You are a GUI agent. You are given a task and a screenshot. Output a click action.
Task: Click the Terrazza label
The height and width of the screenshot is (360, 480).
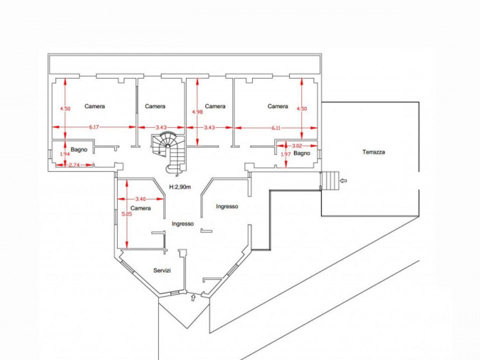[x=374, y=152]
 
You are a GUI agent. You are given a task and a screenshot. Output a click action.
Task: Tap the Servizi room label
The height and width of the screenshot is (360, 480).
[x=162, y=270]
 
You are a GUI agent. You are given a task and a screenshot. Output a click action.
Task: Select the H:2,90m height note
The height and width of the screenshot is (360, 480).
[x=180, y=186]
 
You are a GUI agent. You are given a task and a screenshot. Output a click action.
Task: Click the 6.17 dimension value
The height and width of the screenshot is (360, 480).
[x=94, y=127]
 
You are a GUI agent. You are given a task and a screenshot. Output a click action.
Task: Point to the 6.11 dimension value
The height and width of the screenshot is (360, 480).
[x=276, y=128]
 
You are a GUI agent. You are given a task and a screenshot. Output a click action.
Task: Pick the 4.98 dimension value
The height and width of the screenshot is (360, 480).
[x=197, y=111]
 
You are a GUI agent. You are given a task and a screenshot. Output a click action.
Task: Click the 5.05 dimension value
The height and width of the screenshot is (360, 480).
[x=126, y=214]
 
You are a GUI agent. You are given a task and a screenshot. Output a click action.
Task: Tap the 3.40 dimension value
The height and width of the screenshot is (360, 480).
[x=140, y=199]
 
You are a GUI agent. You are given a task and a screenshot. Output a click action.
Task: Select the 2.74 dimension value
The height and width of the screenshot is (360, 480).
[x=74, y=164]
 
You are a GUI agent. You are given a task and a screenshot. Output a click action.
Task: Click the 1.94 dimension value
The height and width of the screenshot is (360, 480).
[x=65, y=154]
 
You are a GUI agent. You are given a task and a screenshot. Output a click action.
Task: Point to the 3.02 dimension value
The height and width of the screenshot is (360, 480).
[x=297, y=146]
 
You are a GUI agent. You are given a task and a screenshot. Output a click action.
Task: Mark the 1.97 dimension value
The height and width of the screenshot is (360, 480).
[x=285, y=154]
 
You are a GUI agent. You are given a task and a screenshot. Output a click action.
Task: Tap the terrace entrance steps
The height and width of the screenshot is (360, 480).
[x=330, y=180]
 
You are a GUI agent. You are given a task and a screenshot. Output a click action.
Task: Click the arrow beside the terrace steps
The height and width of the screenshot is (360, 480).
[x=343, y=180]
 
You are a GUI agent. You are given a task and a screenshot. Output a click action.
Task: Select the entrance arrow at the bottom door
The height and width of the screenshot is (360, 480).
[x=193, y=297]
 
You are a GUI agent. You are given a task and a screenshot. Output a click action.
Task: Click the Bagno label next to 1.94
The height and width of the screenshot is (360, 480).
[x=79, y=149]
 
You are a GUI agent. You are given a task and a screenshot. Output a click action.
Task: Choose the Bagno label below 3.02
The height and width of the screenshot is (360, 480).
[x=302, y=153]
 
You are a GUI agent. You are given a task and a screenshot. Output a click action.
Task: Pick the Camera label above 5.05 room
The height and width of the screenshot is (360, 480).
[x=140, y=208]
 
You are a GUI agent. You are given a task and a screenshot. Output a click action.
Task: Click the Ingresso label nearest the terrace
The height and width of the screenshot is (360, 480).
[x=227, y=206]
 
